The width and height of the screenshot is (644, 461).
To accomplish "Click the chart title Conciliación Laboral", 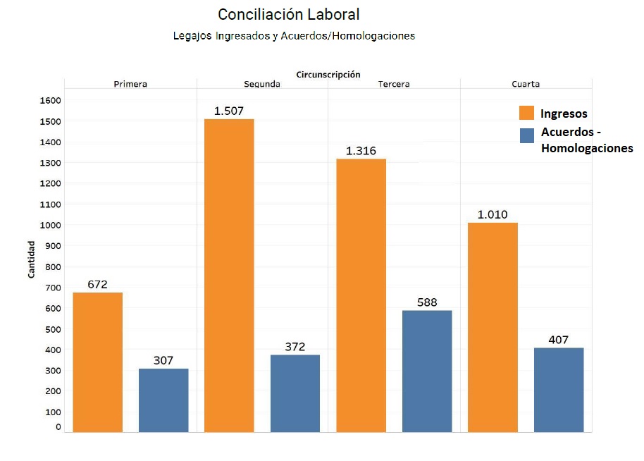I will [288, 15].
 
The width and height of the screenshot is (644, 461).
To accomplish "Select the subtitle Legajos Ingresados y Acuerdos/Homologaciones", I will [294, 35].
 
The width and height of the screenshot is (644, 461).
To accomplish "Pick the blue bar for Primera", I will [163, 400].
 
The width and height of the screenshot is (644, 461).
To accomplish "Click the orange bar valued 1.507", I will [229, 275].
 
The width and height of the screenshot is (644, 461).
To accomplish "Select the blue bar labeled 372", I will [295, 393].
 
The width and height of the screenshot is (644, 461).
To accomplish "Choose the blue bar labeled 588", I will [427, 371].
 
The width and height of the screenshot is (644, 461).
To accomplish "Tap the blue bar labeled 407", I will [559, 389].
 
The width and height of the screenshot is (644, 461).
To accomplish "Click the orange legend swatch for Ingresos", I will [527, 113].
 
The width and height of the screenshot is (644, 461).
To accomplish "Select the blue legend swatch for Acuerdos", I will [527, 135].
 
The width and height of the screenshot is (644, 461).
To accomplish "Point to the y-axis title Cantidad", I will [31, 259].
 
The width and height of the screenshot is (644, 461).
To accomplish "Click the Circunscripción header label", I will [328, 74].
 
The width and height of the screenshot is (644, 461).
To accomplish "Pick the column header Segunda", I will [262, 84].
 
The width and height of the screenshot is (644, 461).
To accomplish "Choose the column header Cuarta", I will [526, 84].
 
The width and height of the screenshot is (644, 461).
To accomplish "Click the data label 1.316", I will [361, 151].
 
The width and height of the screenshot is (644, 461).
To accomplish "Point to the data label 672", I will [97, 285].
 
